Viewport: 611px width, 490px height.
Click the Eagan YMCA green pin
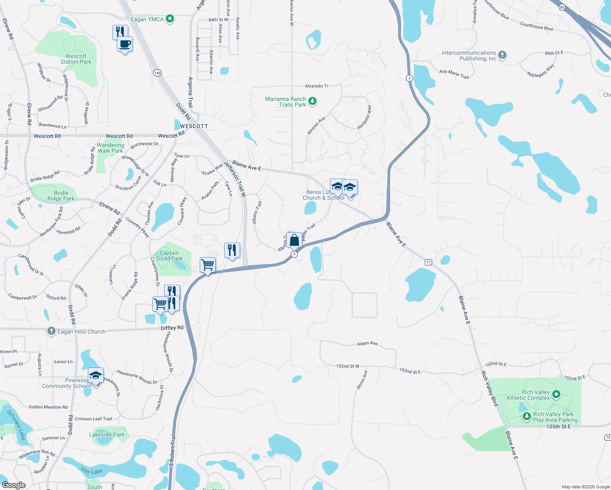point(170,19)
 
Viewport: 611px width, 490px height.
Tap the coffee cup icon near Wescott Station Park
point(125,44)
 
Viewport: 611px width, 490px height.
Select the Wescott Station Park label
point(76,59)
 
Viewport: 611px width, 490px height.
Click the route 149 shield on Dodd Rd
point(158,73)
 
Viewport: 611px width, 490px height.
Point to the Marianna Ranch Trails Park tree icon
point(312,101)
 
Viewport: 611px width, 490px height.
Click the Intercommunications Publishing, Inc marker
point(502,55)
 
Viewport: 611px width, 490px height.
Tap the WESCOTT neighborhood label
point(194,126)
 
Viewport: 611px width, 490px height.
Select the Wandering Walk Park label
point(110,148)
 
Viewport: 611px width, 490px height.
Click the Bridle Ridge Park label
point(61,196)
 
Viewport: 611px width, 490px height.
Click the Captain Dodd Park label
point(169,256)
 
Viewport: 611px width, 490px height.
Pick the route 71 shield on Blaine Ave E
point(428,262)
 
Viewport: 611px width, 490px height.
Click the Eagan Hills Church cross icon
point(51,331)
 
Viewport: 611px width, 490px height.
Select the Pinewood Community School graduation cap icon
point(96,375)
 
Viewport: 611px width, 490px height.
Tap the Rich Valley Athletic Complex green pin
point(556,394)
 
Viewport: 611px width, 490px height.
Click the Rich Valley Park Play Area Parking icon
point(527,416)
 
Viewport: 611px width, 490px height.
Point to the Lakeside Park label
point(107,434)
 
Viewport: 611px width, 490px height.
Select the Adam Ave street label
point(367,343)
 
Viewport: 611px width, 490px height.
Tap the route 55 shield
point(562,7)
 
